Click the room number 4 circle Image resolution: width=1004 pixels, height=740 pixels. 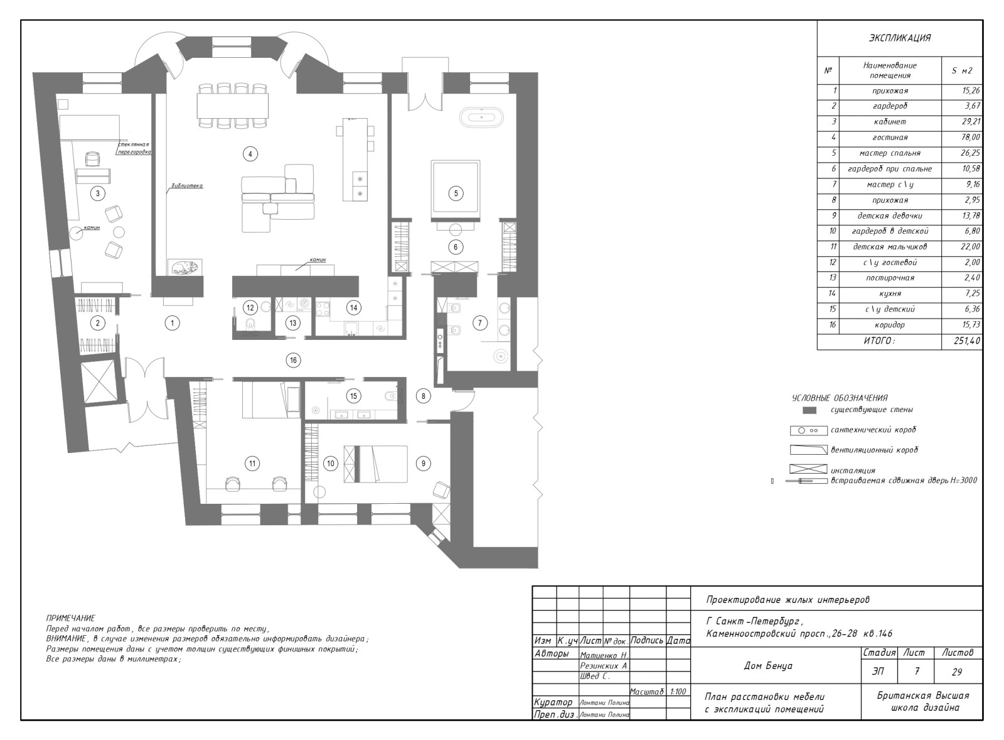point(250,155)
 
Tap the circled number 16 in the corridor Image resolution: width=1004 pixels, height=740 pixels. point(293,360)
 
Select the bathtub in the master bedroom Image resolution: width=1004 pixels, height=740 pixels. point(482,118)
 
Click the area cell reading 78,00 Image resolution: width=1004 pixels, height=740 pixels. point(970,138)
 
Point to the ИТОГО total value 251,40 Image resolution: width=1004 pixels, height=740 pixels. point(967,341)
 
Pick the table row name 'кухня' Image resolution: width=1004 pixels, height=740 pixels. point(890,293)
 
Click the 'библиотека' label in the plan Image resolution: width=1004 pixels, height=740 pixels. point(187,185)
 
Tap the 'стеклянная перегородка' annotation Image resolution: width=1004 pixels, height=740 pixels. point(133,148)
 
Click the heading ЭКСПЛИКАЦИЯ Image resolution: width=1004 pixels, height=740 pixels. point(900,38)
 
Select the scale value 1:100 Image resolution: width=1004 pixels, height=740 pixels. point(678,692)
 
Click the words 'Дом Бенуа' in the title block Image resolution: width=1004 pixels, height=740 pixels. point(768,665)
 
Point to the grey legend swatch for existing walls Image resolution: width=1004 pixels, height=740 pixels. point(809,410)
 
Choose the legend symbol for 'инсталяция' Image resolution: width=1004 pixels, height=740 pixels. point(808,469)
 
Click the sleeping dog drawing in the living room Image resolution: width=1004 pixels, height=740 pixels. point(184,268)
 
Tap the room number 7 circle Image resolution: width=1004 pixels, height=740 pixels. point(480,323)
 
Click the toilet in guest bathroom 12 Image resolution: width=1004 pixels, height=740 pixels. point(250,324)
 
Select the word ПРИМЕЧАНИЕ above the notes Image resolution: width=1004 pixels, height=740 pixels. point(71,618)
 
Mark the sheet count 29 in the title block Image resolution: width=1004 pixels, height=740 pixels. point(957,672)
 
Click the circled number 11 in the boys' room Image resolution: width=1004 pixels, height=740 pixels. point(252,464)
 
